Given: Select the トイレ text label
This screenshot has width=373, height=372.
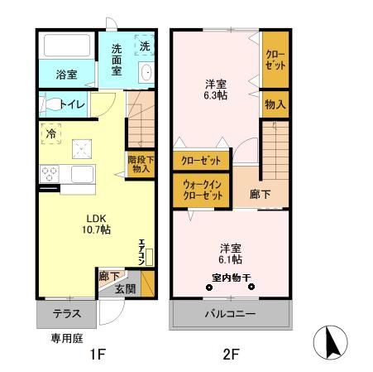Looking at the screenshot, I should [x=72, y=105].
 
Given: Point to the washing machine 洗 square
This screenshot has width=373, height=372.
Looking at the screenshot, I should [x=144, y=45].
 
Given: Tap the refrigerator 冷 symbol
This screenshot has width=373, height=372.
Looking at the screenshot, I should [x=51, y=133].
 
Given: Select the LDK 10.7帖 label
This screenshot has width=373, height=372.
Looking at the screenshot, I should [x=93, y=225].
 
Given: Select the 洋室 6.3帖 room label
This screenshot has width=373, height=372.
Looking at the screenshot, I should [x=217, y=89].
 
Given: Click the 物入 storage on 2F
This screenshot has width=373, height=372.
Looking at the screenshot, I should [x=275, y=104].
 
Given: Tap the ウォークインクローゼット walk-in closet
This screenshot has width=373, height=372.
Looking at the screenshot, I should [x=202, y=191].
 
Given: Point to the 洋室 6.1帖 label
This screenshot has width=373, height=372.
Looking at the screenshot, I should [x=231, y=253].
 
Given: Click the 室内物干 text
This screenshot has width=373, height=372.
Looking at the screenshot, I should [x=231, y=278].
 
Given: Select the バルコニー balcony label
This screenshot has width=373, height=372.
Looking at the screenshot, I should [x=231, y=314].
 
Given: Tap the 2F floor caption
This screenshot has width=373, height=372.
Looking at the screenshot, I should [x=230, y=355].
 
